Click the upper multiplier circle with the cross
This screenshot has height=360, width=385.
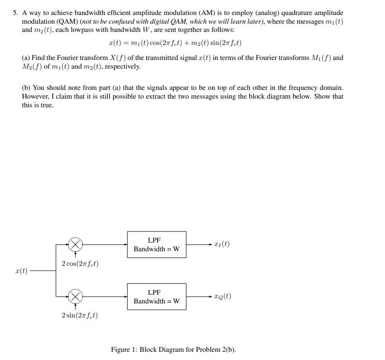click(75, 245)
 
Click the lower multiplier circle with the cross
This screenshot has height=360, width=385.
click(75, 296)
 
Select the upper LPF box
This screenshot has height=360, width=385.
click(157, 245)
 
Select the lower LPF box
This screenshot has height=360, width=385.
click(157, 296)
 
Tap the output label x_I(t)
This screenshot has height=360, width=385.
click(222, 244)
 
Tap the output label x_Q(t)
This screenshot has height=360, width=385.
click(223, 296)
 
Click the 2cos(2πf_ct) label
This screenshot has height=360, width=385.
click(80, 264)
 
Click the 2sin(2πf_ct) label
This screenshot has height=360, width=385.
click(80, 316)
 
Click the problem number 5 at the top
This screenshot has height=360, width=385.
click(15, 13)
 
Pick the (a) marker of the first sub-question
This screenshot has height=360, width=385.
click(26, 58)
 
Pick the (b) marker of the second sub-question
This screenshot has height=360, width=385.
click(26, 88)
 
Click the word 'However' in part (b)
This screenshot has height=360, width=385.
click(36, 96)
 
